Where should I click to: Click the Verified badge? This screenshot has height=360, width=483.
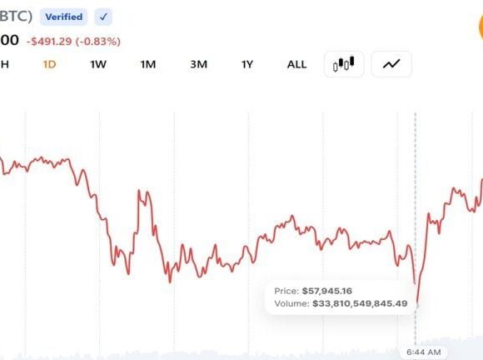coord(64,17)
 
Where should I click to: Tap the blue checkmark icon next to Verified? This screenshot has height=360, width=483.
coord(103,17)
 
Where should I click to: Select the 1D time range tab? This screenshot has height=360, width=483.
coord(49,64)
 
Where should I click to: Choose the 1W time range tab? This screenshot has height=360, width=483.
coord(98,64)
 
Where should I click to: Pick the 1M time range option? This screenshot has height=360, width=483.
coord(148,64)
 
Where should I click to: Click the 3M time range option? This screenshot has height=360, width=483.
coord(199,64)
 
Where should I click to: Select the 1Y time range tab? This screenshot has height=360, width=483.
coord(247,64)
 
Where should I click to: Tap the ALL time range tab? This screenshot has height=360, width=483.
coord(296,64)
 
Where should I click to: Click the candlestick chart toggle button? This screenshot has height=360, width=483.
coord(344,64)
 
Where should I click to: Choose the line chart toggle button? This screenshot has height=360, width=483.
coord(391,64)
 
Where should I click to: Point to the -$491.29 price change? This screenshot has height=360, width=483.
coord(49,42)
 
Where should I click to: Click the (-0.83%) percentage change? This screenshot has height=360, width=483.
coord(98,42)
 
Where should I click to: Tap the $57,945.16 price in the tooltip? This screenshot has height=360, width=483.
coord(326,291)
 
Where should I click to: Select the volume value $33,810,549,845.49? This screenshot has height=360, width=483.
coord(360,303)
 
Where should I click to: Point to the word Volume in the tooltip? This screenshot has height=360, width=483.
coord(291,303)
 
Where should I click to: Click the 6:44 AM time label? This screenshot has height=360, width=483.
coord(424,352)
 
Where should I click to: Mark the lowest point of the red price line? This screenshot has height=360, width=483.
coord(417,302)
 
